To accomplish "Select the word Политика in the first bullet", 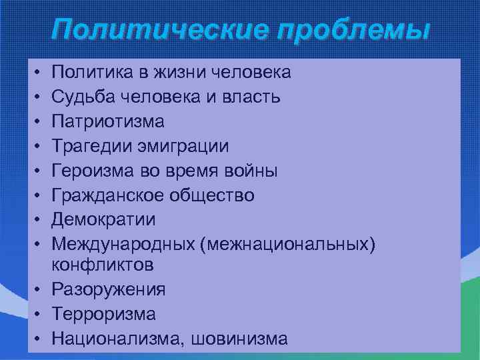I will click(88, 71).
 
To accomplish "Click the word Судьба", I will click(82, 97).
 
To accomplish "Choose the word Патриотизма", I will click(109, 121).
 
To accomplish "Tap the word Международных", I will click(123, 245).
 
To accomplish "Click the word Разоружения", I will click(109, 289).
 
